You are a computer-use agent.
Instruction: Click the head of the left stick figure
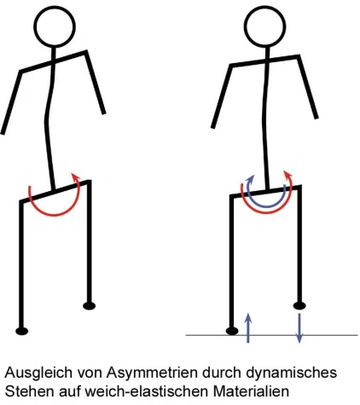point(57,26)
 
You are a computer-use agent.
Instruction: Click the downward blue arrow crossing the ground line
point(298,327)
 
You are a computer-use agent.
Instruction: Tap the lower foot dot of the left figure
point(23,328)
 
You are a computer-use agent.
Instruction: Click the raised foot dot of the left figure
point(90,304)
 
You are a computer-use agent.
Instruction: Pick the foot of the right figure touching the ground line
point(231,328)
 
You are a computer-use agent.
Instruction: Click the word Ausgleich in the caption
point(34,373)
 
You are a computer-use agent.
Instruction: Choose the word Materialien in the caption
point(237,391)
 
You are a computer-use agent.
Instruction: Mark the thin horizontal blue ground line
point(333,333)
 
